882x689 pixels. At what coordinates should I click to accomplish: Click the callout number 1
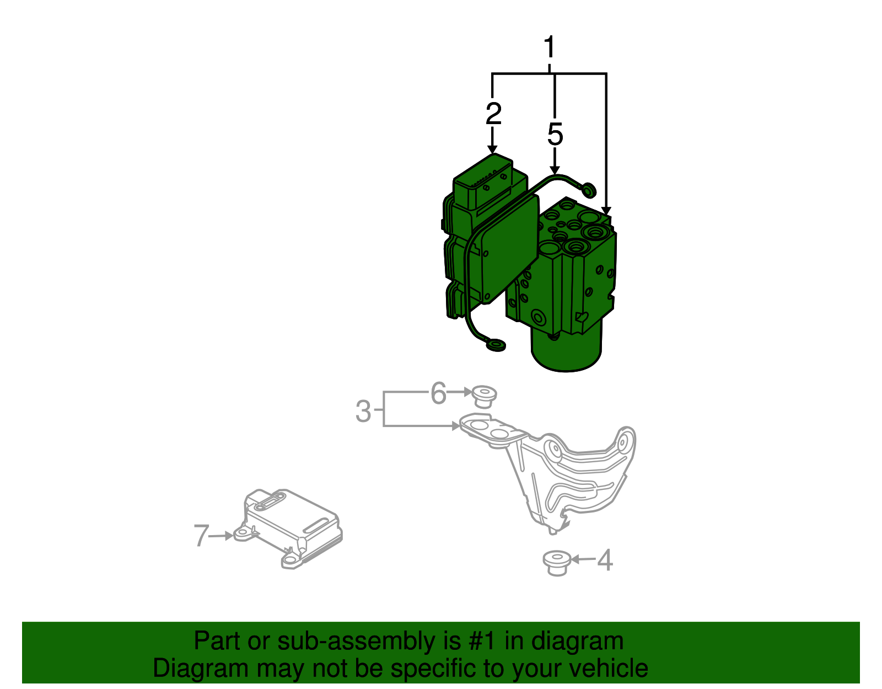tap(549, 48)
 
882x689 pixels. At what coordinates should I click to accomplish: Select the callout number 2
tap(493, 113)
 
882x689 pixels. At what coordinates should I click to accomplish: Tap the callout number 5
tap(555, 135)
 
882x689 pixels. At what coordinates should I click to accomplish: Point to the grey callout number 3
tap(363, 411)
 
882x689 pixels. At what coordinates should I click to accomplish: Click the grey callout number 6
tap(438, 393)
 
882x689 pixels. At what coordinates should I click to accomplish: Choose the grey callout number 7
tap(201, 535)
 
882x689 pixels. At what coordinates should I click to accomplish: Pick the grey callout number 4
tap(605, 560)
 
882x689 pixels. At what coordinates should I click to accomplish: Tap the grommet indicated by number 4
tap(556, 563)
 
